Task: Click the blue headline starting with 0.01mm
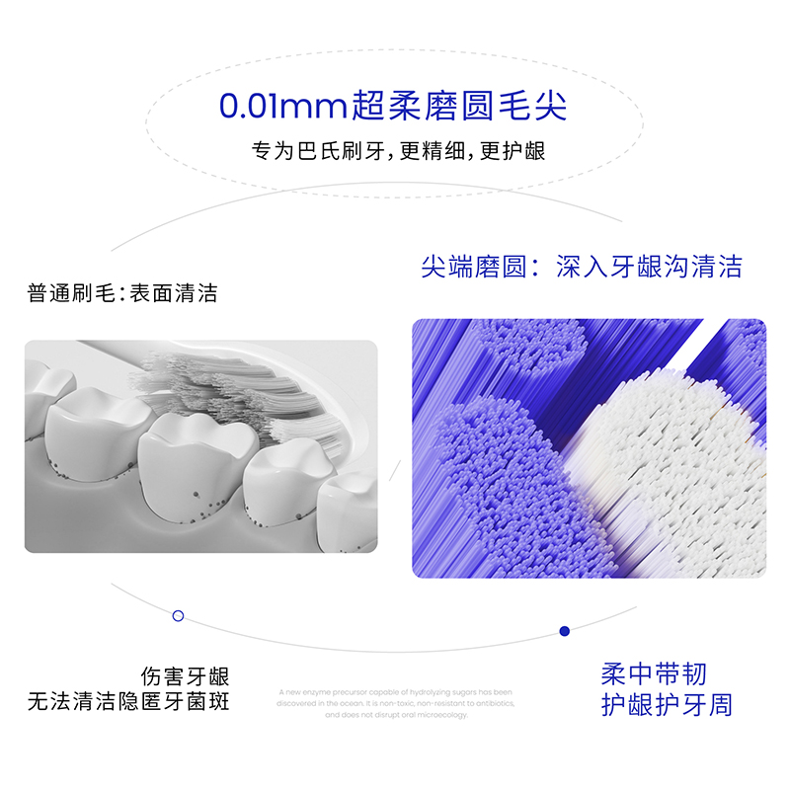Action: pyautogui.click(x=393, y=105)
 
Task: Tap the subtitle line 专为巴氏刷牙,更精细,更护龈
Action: pyautogui.click(x=399, y=152)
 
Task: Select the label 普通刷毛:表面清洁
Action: pyautogui.click(x=122, y=293)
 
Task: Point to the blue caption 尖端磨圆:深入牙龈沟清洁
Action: pyautogui.click(x=581, y=267)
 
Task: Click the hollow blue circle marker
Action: pyautogui.click(x=178, y=615)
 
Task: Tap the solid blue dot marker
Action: pyautogui.click(x=565, y=630)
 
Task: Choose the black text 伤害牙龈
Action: pyautogui.click(x=185, y=677)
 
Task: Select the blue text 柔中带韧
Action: pyautogui.click(x=654, y=674)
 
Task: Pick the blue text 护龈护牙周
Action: pyautogui.click(x=667, y=705)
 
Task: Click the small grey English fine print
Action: pyautogui.click(x=395, y=703)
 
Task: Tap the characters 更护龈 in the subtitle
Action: pyautogui.click(x=514, y=152)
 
